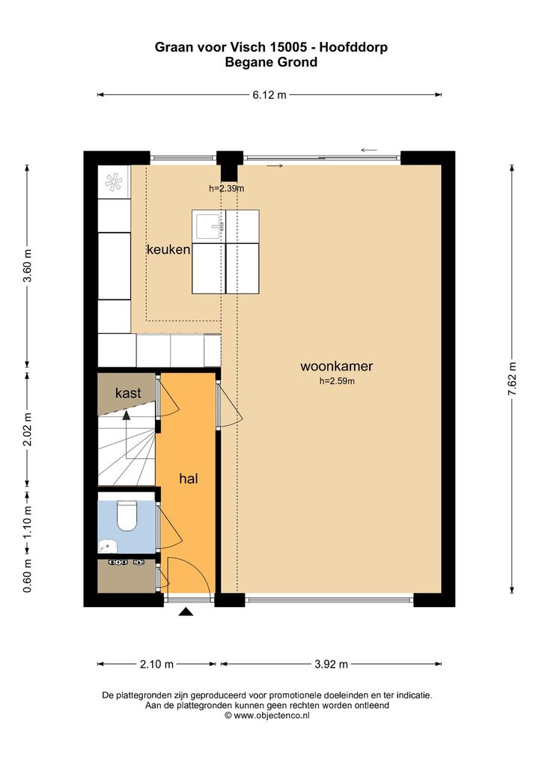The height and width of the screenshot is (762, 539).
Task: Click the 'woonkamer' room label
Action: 336,366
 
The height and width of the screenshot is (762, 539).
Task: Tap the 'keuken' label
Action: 168,249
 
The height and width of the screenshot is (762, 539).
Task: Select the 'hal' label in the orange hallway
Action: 189,478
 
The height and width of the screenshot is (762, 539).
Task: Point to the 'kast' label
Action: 128,393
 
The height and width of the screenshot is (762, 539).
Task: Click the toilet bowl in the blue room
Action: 127,516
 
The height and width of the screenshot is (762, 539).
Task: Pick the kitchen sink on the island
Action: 210,227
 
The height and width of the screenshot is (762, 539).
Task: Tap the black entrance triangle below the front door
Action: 186,612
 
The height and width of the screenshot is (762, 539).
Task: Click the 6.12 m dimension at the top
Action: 269,95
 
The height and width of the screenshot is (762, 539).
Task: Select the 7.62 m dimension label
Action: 512,379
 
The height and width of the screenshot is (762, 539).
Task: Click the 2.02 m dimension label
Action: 28,429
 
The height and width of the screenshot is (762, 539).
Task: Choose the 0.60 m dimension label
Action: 28,576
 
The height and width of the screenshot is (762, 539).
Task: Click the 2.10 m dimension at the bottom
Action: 156,664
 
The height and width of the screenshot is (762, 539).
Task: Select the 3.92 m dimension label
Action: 331,664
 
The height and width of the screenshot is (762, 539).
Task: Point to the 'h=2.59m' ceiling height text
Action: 337,382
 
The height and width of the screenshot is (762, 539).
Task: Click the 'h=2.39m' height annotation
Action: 227,189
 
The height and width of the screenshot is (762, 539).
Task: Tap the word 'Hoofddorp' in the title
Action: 353,47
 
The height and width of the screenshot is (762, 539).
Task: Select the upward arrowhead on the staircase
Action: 127,415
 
